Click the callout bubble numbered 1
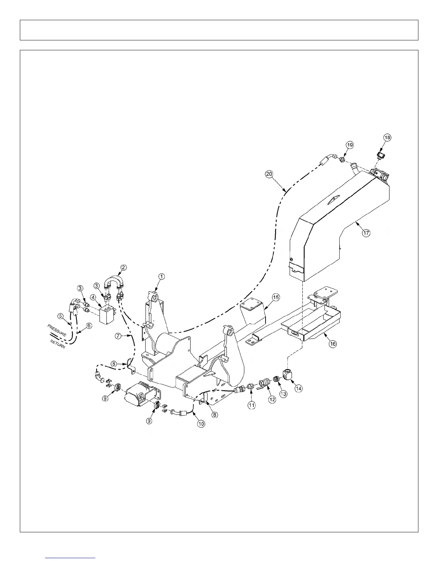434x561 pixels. click(x=161, y=277)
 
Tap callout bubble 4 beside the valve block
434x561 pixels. click(x=93, y=297)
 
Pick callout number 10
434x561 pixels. click(x=201, y=423)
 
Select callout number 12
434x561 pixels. click(x=272, y=399)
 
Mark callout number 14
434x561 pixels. click(x=299, y=388)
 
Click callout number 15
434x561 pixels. click(x=276, y=297)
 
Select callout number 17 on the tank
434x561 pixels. click(x=366, y=233)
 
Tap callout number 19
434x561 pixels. click(x=350, y=145)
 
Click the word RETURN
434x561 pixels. click(x=58, y=344)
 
